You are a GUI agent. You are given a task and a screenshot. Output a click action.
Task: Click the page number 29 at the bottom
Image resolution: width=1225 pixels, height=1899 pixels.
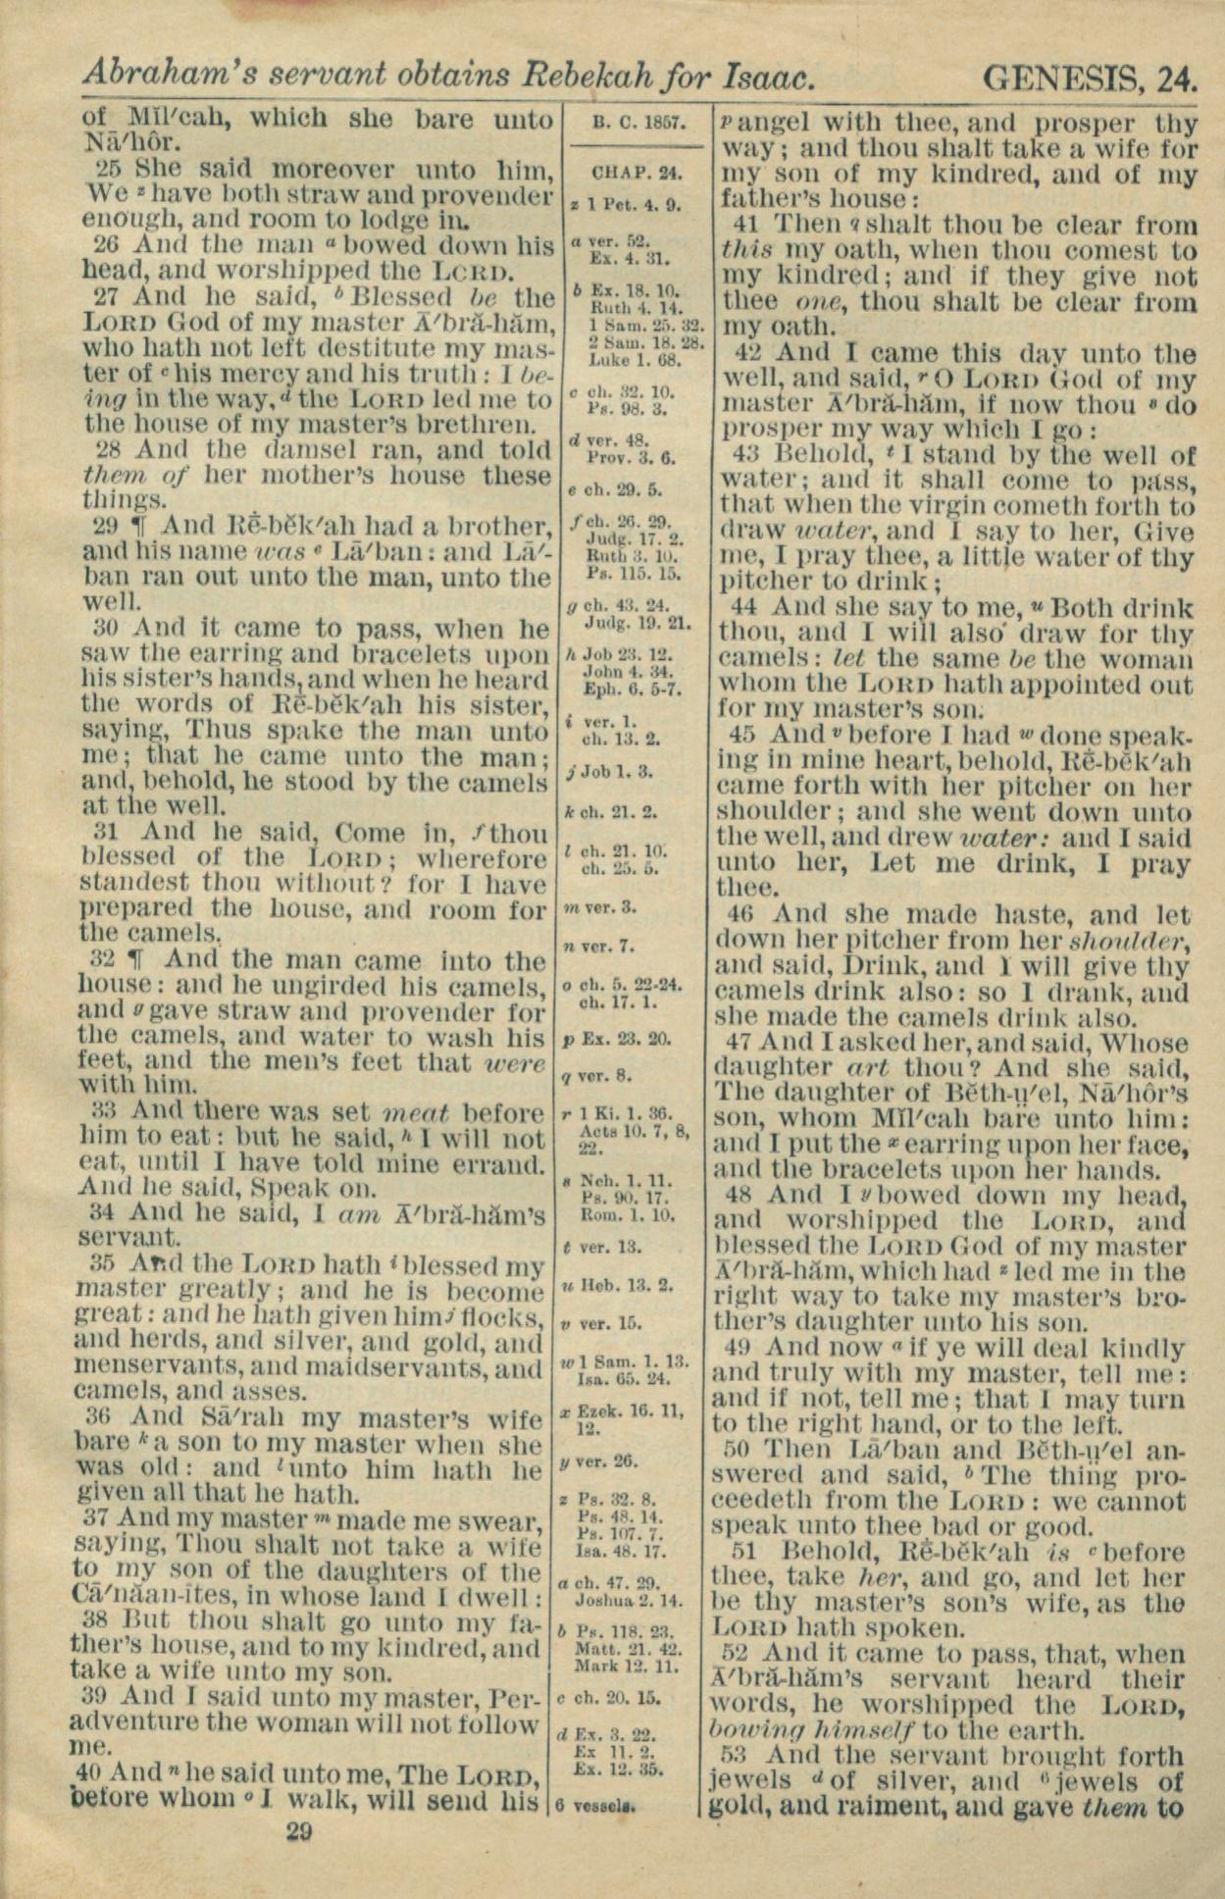[x=299, y=1831]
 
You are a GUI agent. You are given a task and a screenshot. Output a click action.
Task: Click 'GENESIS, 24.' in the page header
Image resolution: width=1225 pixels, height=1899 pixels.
[x=1089, y=77]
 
